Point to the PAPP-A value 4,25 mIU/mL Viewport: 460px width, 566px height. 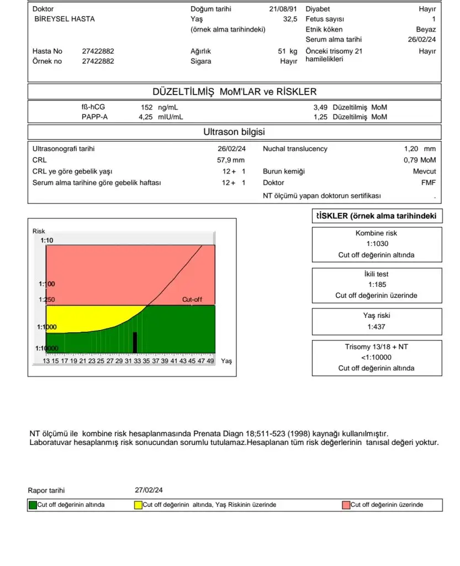pyautogui.click(x=160, y=117)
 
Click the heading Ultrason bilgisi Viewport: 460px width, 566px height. pyautogui.click(x=234, y=132)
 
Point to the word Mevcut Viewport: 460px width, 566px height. pyautogui.click(x=424, y=171)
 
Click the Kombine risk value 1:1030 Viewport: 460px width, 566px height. pyautogui.click(x=377, y=244)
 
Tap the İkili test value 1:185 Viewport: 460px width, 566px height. pyautogui.click(x=377, y=285)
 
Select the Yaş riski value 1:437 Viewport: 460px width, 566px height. pyautogui.click(x=377, y=327)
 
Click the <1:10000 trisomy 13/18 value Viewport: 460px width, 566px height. pyautogui.click(x=377, y=358)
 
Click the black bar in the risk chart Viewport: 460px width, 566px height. pyautogui.click(x=134, y=342)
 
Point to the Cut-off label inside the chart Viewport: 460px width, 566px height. pyautogui.click(x=192, y=300)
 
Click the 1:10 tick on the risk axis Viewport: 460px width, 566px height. pyautogui.click(x=46, y=240)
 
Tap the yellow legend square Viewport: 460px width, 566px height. pyautogui.click(x=138, y=505)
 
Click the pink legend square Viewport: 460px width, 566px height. pyautogui.click(x=346, y=505)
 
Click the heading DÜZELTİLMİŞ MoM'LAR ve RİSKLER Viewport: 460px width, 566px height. pyautogui.click(x=234, y=91)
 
